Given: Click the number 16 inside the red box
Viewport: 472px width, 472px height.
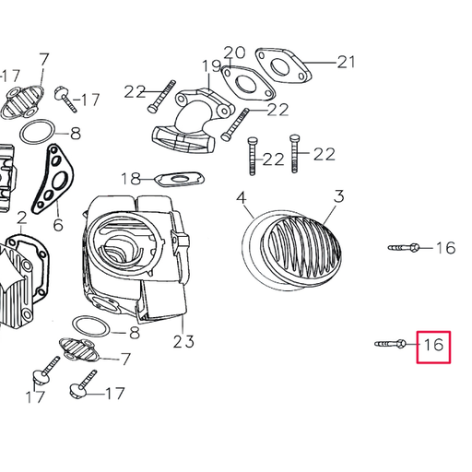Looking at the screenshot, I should tap(434, 347).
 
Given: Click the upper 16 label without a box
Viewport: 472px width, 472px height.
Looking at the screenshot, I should tap(445, 247).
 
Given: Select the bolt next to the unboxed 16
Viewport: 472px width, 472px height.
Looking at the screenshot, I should tap(406, 247).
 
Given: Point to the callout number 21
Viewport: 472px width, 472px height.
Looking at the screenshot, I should tap(346, 63).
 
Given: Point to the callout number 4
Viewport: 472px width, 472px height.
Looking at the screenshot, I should tap(241, 198).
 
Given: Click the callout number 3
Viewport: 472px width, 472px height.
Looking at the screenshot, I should tap(338, 196).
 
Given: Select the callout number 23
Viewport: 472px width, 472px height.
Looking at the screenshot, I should tap(183, 342).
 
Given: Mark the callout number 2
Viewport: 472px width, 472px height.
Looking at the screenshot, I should tap(20, 218).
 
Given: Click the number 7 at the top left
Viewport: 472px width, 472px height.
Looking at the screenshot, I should tap(43, 61).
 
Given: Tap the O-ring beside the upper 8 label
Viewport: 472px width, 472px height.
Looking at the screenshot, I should tap(37, 133).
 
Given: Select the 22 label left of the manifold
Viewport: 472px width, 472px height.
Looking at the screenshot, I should tap(136, 90).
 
